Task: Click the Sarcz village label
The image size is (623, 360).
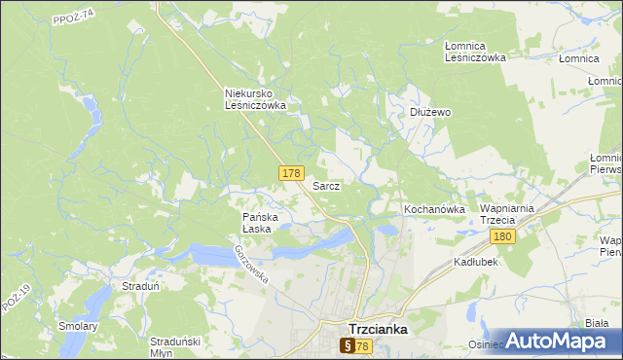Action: (x=325, y=185)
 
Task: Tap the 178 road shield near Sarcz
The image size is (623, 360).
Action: (x=290, y=173)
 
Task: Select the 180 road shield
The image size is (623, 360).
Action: (x=502, y=236)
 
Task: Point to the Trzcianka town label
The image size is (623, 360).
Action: (x=378, y=329)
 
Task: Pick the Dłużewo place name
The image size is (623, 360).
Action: (x=429, y=112)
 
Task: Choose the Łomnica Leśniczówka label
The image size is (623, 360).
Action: (x=475, y=52)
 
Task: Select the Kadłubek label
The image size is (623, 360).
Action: (x=475, y=263)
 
